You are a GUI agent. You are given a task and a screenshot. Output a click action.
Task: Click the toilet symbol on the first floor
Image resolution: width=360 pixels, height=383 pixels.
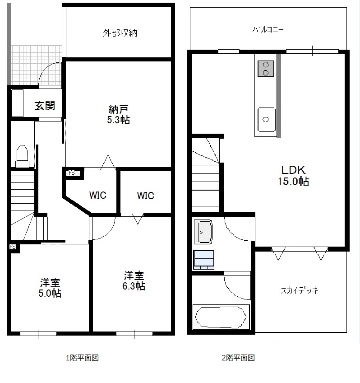(x=22, y=156)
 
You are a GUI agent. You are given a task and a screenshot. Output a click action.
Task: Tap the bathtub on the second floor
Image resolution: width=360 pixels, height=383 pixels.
(x=221, y=317)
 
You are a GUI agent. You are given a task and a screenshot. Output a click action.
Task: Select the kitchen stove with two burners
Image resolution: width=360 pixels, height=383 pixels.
(x=266, y=69)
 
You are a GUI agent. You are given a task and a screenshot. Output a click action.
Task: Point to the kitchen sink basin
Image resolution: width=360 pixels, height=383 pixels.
(x=266, y=119)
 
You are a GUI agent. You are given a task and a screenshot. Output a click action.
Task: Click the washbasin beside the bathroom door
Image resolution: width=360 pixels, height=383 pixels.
(x=203, y=232)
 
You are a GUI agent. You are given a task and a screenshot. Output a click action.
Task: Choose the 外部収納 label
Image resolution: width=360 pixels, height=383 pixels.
(x=120, y=33)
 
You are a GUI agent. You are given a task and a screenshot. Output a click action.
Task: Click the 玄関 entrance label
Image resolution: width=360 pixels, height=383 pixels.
(x=45, y=106)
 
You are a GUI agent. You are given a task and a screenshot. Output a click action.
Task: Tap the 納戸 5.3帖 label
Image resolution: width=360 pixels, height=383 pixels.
(x=118, y=114)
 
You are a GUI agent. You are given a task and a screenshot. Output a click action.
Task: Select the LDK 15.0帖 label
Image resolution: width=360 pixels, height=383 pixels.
(x=293, y=176)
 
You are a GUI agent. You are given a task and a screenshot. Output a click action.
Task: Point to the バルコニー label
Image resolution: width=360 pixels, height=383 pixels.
(x=268, y=29)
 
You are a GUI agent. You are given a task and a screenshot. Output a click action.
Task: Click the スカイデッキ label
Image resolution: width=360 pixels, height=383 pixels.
(x=299, y=290)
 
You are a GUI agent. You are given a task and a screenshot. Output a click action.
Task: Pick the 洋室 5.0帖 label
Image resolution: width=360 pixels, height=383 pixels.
(x=50, y=288)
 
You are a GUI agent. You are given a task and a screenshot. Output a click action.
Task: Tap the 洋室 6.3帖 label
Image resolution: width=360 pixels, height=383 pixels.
(x=134, y=280)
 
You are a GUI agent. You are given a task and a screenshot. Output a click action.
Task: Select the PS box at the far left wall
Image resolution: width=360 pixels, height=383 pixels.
(x=13, y=247)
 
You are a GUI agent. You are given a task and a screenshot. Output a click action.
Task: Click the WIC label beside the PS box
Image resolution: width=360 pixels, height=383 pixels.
(x=98, y=195)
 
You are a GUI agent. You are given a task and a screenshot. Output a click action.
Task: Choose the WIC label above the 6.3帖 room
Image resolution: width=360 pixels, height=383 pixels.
(x=145, y=196)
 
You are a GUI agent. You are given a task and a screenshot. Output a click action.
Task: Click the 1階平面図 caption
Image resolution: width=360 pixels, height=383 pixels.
(x=82, y=358)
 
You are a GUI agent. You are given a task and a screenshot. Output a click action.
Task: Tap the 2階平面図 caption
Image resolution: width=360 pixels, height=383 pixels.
(x=238, y=358)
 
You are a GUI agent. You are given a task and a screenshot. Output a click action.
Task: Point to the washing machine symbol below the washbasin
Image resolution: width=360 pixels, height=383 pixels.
(x=203, y=259)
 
